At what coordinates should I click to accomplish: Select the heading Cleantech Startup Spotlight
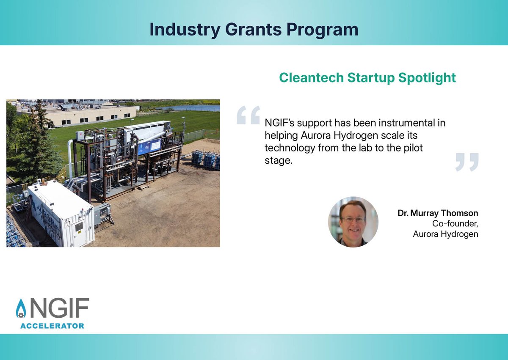coord(367,78)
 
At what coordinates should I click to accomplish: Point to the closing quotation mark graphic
coord(467,162)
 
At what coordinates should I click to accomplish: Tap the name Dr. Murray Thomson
coord(438,213)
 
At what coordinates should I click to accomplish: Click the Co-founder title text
coord(455,224)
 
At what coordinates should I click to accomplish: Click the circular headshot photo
coord(353,222)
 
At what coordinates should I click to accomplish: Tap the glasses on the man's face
coord(353,219)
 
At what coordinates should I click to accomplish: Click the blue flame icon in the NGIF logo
coord(21,309)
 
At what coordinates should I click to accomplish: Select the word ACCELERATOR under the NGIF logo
coord(52,326)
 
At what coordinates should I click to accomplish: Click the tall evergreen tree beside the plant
coord(39,140)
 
